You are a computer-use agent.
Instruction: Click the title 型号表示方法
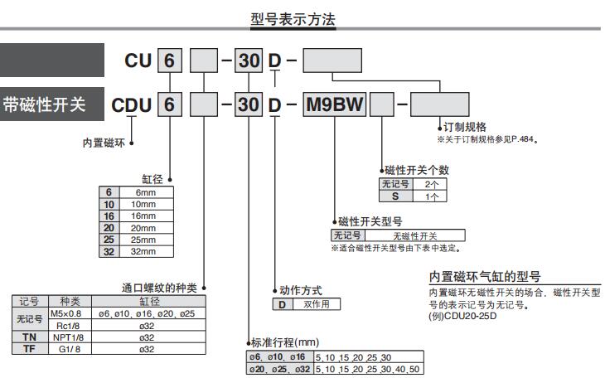click(293, 19)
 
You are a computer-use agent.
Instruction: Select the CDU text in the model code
click(133, 105)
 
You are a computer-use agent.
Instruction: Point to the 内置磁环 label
click(104, 143)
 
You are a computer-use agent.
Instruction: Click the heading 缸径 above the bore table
click(154, 178)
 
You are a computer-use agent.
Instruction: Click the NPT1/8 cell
click(65, 337)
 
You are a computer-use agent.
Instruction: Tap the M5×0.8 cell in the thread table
click(65, 314)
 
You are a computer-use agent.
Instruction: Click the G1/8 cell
click(65, 349)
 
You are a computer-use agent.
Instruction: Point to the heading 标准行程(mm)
click(284, 342)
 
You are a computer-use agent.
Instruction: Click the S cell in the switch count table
click(395, 196)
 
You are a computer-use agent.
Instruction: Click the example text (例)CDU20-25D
click(463, 316)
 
